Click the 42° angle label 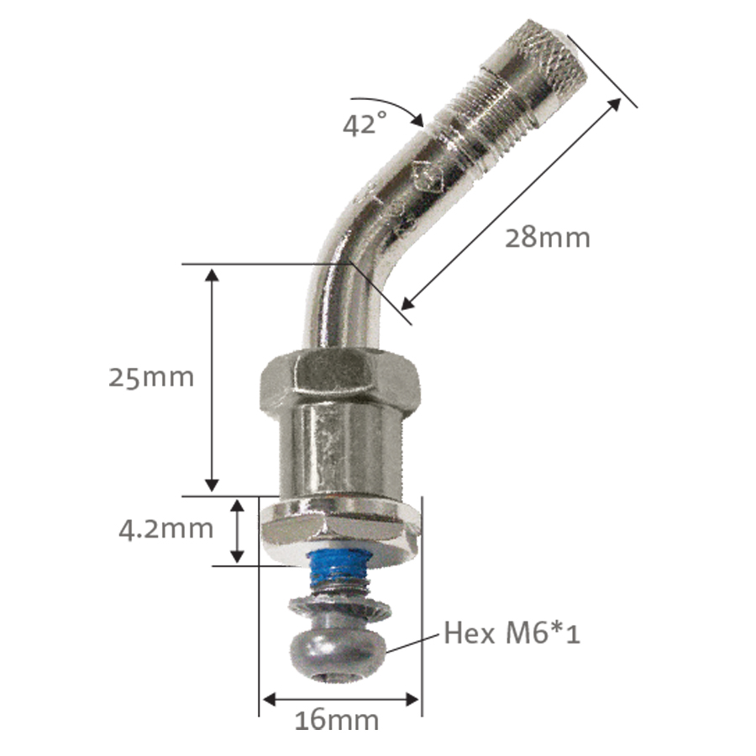click(365, 123)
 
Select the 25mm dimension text click(151, 377)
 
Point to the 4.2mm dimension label click(165, 529)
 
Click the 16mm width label click(336, 720)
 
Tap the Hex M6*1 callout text click(512, 632)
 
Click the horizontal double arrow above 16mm click(340, 698)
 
